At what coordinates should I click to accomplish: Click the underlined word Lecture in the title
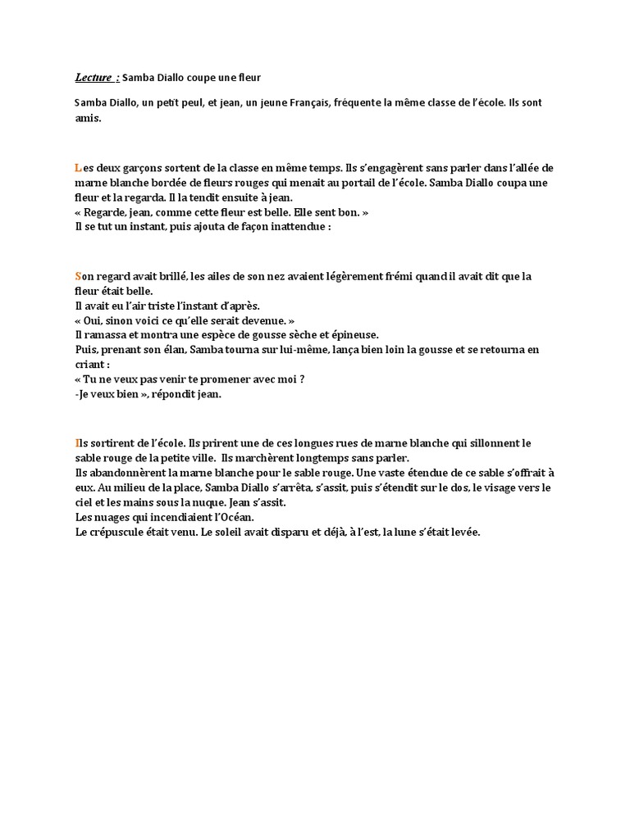tap(93, 78)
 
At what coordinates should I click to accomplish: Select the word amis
tap(88, 118)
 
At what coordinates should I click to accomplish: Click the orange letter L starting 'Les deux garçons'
tap(77, 167)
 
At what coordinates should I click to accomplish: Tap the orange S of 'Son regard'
tap(78, 276)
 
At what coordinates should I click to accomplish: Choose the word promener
tap(212, 379)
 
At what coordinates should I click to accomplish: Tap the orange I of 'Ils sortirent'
tap(76, 443)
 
